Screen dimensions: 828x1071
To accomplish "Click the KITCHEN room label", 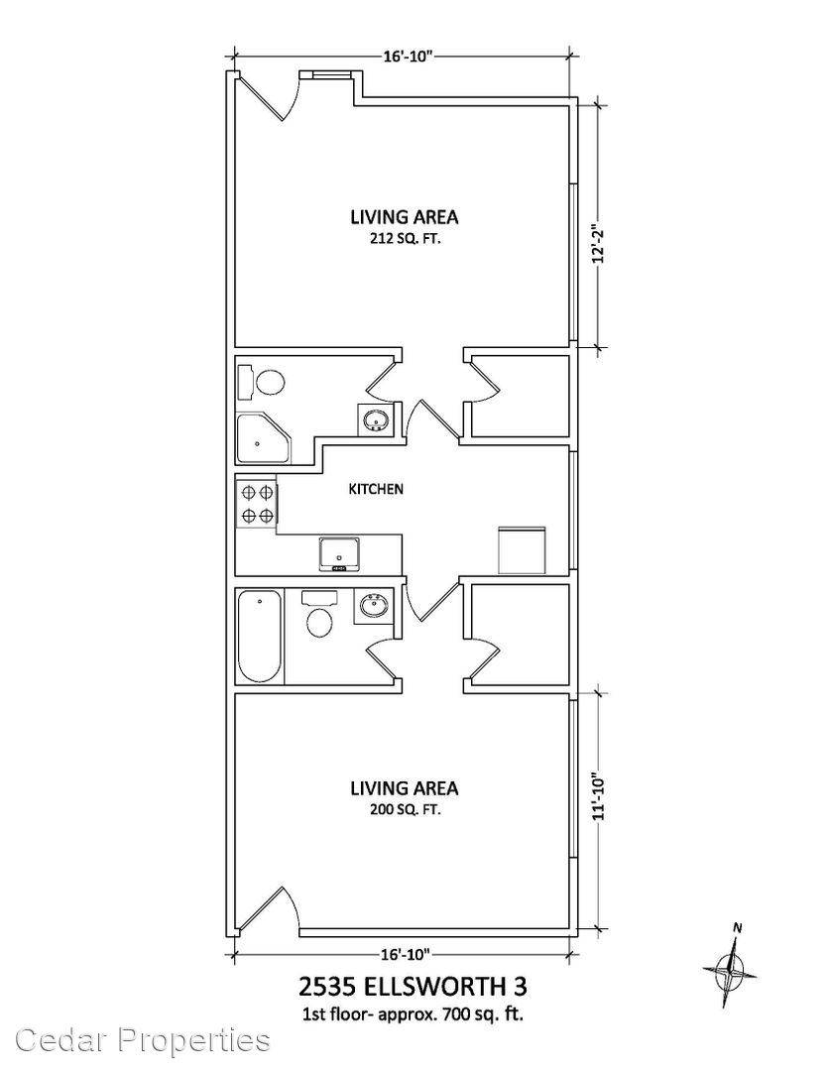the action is [376, 489].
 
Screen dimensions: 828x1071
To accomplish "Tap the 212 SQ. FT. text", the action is [404, 239].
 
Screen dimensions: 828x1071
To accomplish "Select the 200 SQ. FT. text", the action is [404, 810].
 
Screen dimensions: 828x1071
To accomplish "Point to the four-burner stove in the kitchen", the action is [256, 504].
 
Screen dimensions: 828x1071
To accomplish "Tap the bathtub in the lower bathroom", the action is [259, 638].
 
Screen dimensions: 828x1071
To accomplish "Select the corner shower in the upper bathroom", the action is [263, 438].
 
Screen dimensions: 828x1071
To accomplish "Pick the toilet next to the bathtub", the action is [319, 614].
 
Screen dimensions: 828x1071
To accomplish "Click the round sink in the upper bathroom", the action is [375, 420].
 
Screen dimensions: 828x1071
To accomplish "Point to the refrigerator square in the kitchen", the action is [522, 549].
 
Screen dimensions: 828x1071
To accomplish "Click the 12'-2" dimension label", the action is [599, 245].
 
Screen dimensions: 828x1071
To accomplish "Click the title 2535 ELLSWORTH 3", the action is [414, 987].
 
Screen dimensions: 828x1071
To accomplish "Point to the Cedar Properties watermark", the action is [143, 1040].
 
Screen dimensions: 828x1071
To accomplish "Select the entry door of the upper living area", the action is [267, 95].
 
